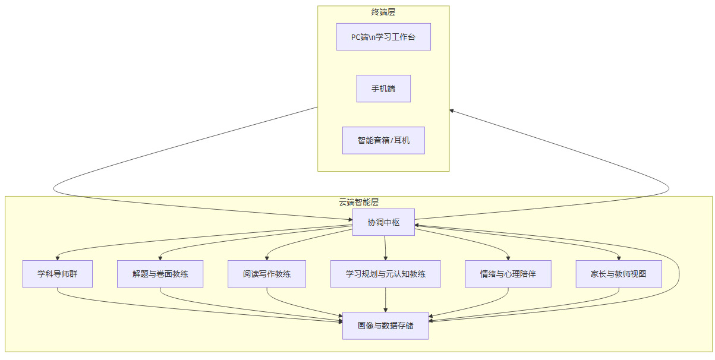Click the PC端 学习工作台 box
point(383,37)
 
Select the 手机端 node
point(383,89)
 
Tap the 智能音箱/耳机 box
point(383,140)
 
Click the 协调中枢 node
point(383,222)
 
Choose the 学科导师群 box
point(58,274)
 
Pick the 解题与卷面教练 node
point(160,274)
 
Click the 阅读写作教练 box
point(267,274)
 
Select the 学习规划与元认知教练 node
point(385,274)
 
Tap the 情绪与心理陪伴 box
point(508,274)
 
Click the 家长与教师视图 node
point(619,274)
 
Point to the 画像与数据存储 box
point(385,326)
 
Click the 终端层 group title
point(383,12)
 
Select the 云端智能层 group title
point(358,202)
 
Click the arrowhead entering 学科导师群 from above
point(58,258)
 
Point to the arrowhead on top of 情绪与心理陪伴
point(509,258)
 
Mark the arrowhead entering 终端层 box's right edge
point(452,110)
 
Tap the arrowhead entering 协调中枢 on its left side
point(349,220)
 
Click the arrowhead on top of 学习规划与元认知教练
point(386,258)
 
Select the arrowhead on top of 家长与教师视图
point(619,258)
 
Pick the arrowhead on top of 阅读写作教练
point(267,258)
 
